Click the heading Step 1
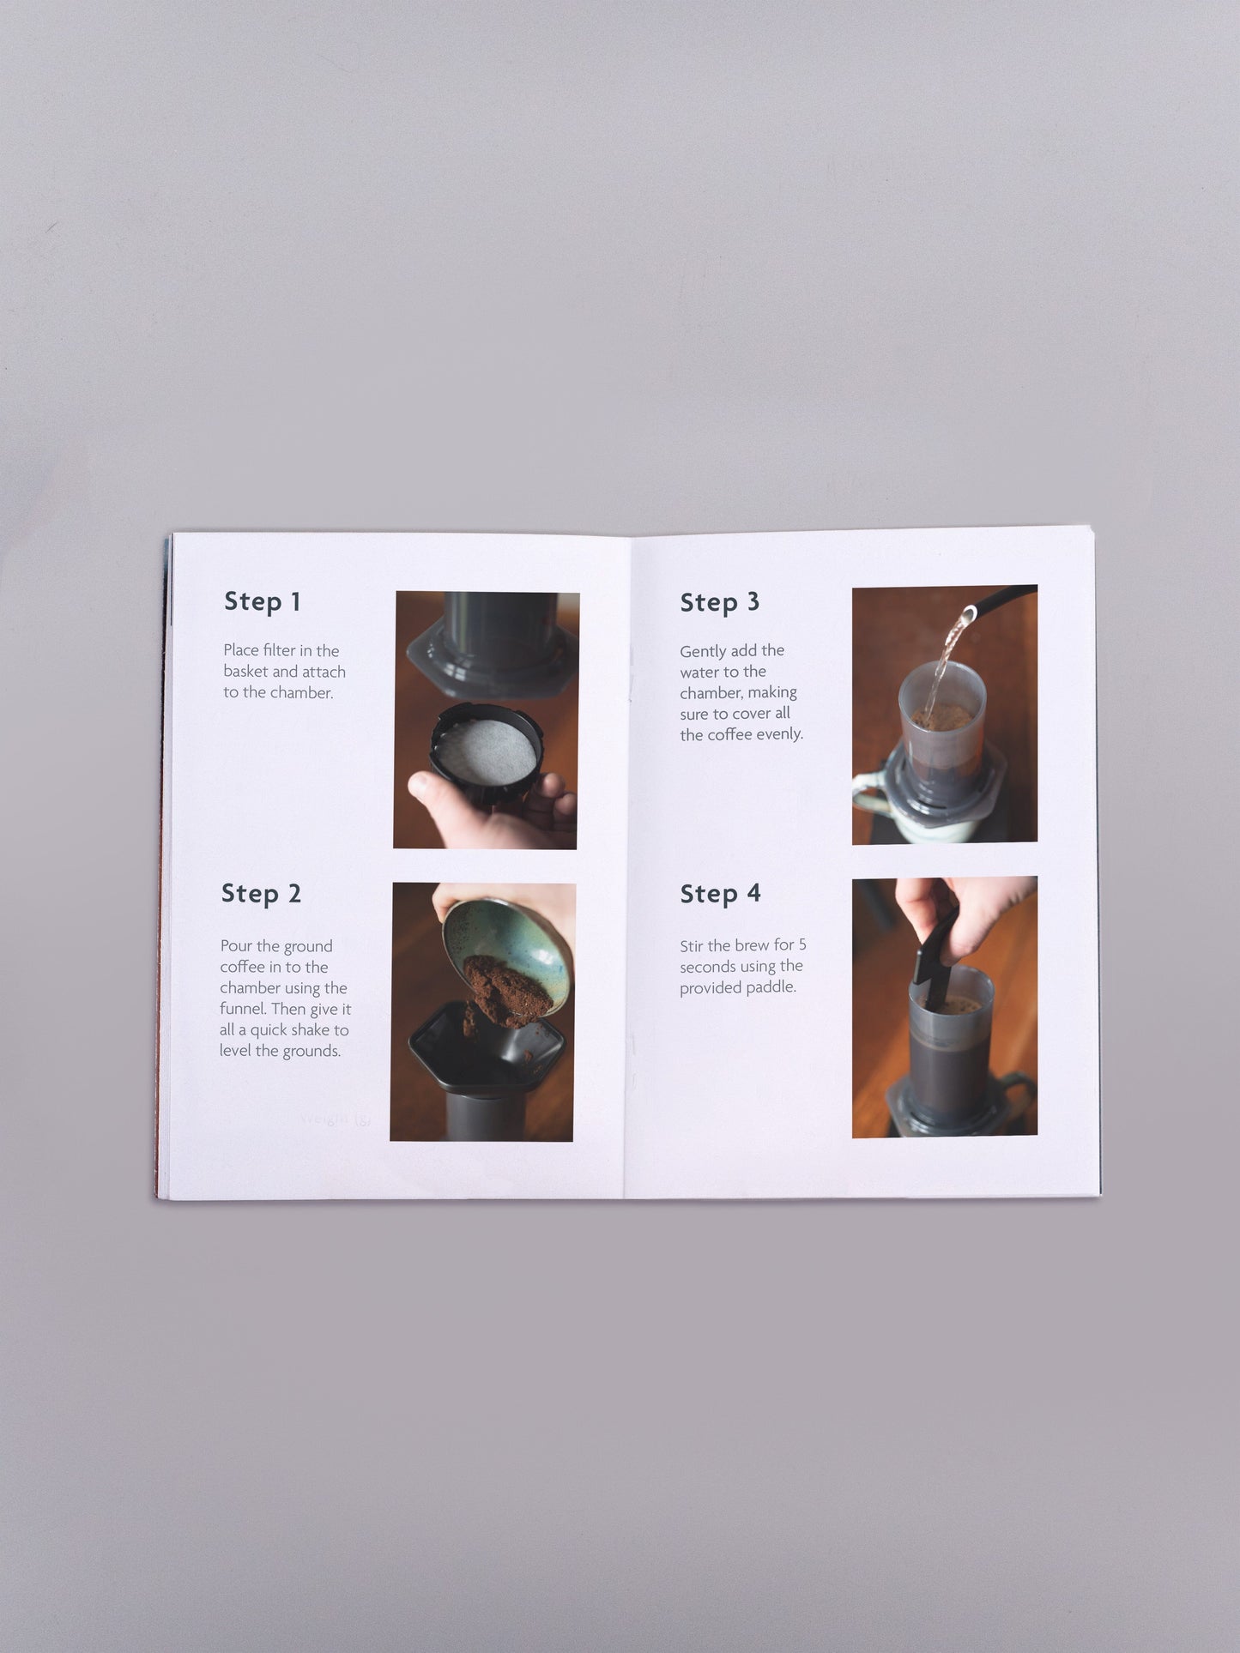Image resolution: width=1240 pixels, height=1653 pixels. click(x=263, y=601)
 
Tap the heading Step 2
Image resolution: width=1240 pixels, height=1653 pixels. click(x=261, y=893)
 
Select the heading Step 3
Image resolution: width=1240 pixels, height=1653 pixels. click(x=719, y=602)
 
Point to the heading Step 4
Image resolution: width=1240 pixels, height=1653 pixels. click(x=720, y=894)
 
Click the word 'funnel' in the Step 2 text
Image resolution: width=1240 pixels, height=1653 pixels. click(x=244, y=1010)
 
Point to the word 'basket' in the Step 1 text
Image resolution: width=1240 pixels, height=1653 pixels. click(x=245, y=672)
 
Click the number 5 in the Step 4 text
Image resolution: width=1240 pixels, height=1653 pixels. click(x=802, y=944)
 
